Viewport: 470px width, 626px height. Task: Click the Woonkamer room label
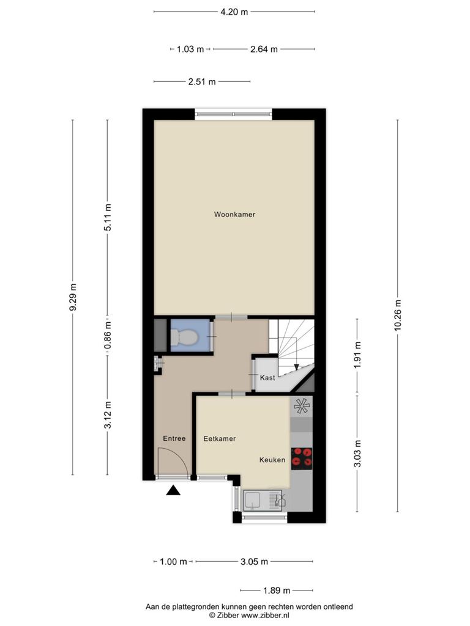click(x=234, y=215)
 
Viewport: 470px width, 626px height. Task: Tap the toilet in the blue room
click(x=184, y=337)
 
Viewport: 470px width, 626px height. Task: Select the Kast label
click(x=267, y=377)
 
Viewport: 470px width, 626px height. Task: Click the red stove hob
click(x=301, y=458)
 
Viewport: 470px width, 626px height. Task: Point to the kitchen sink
click(x=263, y=501)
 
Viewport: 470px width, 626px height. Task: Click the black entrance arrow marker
click(x=173, y=490)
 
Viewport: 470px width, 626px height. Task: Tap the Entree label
click(x=174, y=438)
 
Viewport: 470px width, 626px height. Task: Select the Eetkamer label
click(x=220, y=439)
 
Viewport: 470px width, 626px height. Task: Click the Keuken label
click(x=272, y=460)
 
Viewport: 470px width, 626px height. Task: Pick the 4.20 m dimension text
click(x=234, y=12)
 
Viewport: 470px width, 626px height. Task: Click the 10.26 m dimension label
click(x=398, y=315)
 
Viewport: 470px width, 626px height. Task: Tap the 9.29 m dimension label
click(x=72, y=297)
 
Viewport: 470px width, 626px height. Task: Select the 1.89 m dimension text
click(x=277, y=590)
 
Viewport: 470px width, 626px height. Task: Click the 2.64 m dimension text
click(x=264, y=49)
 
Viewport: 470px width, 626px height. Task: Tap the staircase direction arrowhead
click(x=296, y=367)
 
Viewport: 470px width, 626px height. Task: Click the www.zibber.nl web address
click(x=265, y=615)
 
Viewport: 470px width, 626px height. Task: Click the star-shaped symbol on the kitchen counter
click(x=302, y=407)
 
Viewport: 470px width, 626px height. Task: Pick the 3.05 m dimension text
click(x=254, y=562)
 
